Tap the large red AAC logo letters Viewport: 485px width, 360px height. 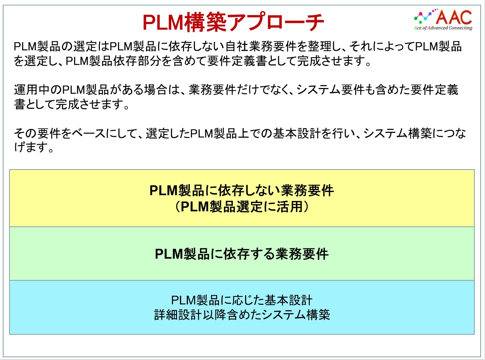[454, 17]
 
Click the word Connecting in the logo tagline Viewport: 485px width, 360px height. [461, 28]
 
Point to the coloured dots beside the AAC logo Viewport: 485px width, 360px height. [425, 16]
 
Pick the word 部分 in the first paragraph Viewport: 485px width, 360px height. [149, 61]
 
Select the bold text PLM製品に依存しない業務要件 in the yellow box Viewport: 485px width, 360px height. [242, 190]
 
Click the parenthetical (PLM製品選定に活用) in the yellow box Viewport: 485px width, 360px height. [242, 207]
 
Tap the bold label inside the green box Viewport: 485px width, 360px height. [242, 254]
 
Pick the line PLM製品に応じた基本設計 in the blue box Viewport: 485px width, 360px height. [242, 300]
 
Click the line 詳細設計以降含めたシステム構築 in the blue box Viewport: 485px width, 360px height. [242, 315]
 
